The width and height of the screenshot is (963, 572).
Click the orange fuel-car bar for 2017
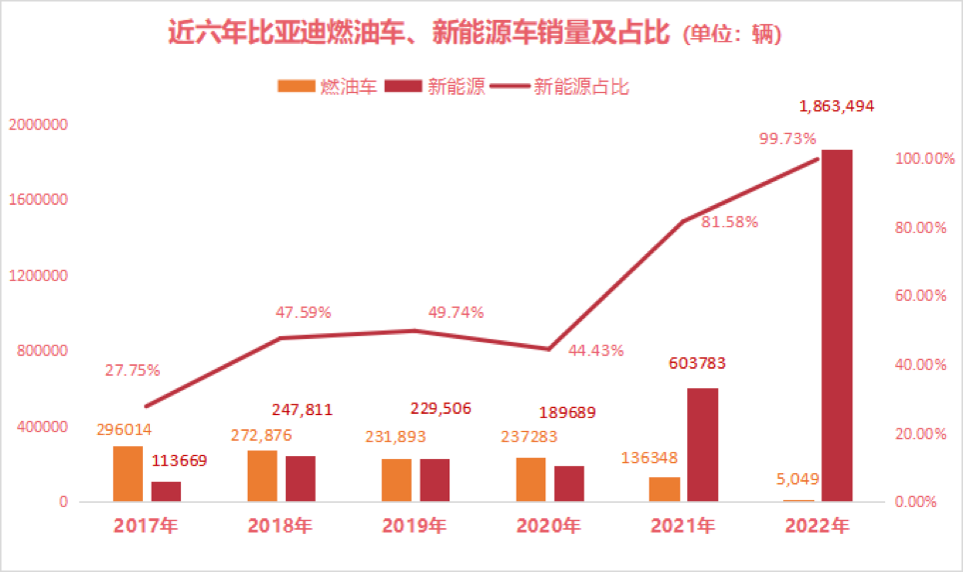pos(128,474)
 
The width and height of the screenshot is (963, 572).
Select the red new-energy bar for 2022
pos(837,325)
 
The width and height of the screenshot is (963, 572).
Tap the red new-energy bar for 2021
pos(703,444)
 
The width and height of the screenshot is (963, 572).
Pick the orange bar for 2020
pos(530,479)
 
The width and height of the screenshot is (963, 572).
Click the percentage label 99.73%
pos(787,138)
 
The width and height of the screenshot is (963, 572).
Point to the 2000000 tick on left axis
pos(37,125)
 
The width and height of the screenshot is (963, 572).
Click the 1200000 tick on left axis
pos(37,276)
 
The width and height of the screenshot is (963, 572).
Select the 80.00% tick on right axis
pos(916,227)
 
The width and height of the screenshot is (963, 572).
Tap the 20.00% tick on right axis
pos(916,434)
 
